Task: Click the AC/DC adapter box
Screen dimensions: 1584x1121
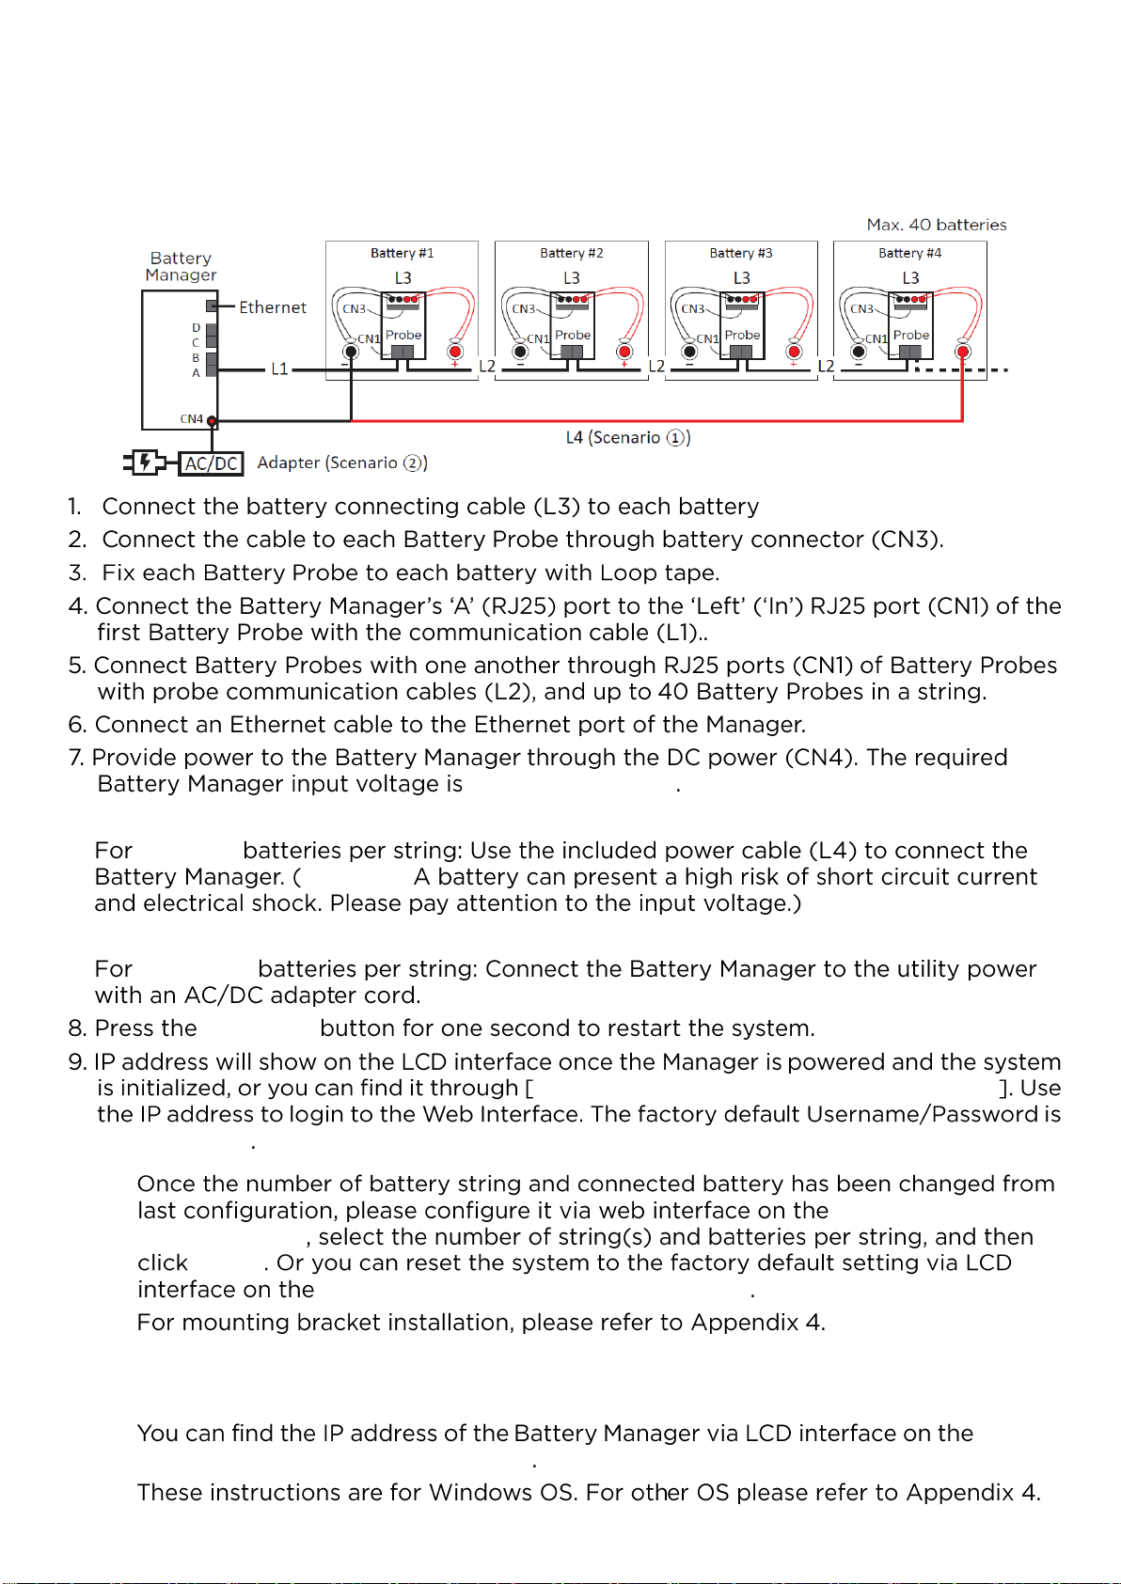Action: pyautogui.click(x=212, y=463)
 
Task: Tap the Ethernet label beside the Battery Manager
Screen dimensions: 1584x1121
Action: pyautogui.click(x=273, y=307)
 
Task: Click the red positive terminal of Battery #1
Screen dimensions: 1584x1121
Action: pyautogui.click(x=455, y=352)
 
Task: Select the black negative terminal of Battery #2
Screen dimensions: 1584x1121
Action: pyautogui.click(x=520, y=352)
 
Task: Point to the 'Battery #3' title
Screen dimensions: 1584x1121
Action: pyautogui.click(x=741, y=253)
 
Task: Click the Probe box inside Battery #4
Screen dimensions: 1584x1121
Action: pyautogui.click(x=911, y=335)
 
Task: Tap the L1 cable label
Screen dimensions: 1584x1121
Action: pyautogui.click(x=279, y=369)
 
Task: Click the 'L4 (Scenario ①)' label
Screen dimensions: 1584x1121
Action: pyautogui.click(x=628, y=437)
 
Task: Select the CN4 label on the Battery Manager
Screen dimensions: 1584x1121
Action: pyautogui.click(x=191, y=419)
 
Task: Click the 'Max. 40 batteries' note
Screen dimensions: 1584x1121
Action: pyautogui.click(x=937, y=225)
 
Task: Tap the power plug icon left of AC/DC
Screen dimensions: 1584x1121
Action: pyautogui.click(x=145, y=463)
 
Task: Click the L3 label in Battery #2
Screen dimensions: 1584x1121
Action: pyautogui.click(x=572, y=278)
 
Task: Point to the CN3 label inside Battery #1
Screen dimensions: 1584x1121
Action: pyautogui.click(x=355, y=308)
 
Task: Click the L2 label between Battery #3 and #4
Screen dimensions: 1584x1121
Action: pyautogui.click(x=826, y=367)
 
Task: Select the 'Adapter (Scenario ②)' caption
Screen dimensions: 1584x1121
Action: pyautogui.click(x=342, y=463)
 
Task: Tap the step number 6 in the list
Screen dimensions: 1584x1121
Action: pyautogui.click(x=77, y=725)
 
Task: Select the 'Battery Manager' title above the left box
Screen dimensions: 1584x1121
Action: pyautogui.click(x=181, y=266)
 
